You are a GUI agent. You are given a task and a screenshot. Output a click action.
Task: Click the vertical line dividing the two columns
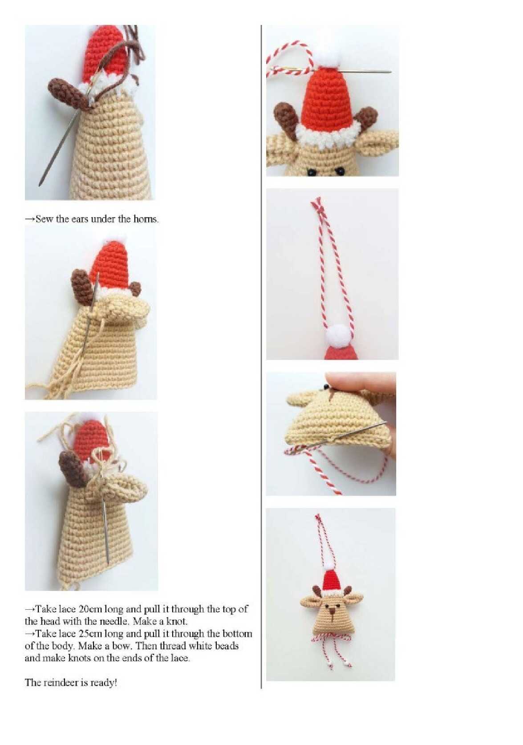coord(261,356)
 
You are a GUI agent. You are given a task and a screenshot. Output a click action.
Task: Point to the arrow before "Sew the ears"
coord(30,219)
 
